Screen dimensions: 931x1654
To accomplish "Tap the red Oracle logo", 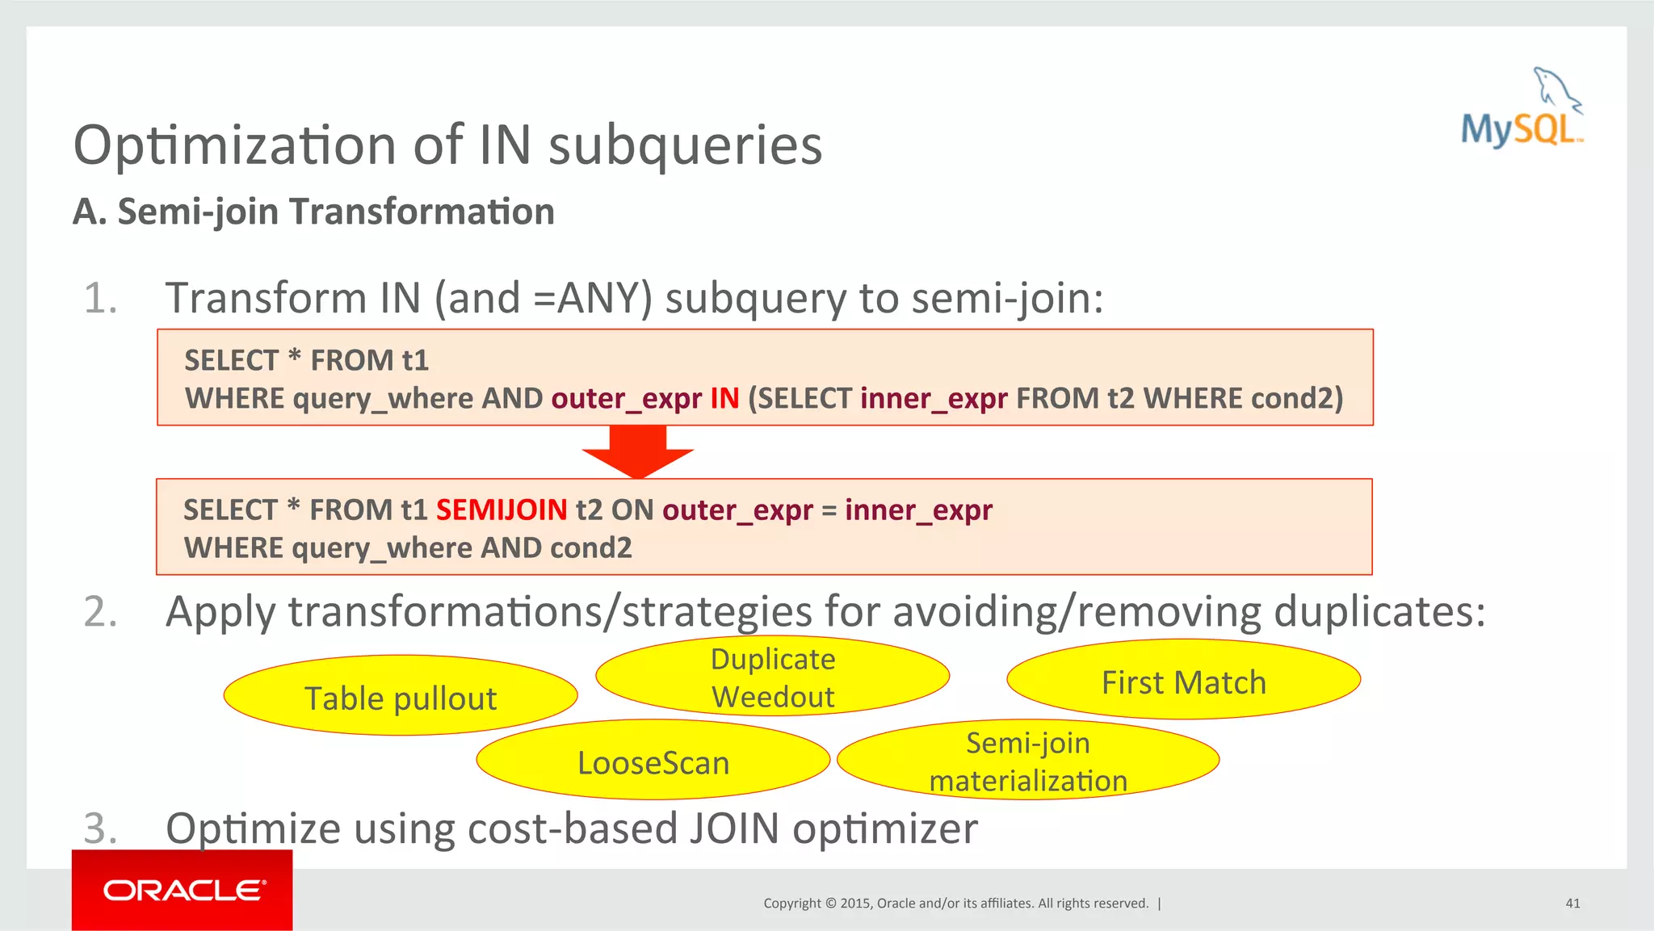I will click(x=183, y=890).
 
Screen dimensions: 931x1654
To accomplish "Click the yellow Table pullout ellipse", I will click(x=401, y=696).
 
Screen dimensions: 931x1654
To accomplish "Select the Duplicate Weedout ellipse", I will click(x=772, y=677).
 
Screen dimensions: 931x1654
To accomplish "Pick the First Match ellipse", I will click(x=1183, y=681).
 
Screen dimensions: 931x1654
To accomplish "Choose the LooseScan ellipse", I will click(x=653, y=761).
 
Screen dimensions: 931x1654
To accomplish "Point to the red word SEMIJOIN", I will click(x=502, y=510).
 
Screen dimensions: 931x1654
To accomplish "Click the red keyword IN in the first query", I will click(x=724, y=398).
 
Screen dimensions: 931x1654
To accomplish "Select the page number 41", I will click(x=1572, y=903).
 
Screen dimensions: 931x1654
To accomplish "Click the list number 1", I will click(x=101, y=298).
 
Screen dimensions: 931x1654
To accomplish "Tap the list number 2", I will click(x=101, y=611).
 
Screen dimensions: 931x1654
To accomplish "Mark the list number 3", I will click(x=101, y=828).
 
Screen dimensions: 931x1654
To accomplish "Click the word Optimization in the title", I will click(x=235, y=145).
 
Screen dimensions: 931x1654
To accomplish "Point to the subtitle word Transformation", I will click(x=422, y=212).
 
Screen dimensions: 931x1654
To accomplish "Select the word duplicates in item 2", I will click(x=1379, y=611).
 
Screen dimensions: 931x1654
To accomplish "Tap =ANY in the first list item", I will click(x=593, y=298).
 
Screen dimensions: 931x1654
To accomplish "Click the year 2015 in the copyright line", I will click(x=855, y=903).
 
